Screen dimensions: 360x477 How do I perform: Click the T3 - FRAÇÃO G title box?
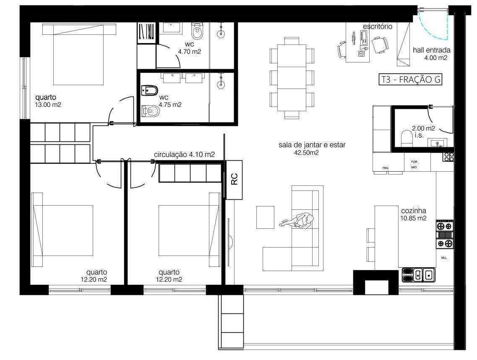click(x=411, y=80)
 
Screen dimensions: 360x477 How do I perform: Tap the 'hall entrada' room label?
click(x=431, y=50)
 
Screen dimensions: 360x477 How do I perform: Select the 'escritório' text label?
click(x=378, y=26)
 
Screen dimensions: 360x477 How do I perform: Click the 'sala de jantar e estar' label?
click(x=312, y=145)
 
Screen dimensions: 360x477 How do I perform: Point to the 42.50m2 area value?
click(x=307, y=153)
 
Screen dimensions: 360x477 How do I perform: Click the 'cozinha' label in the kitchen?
click(x=414, y=211)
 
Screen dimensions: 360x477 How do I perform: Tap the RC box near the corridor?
click(x=234, y=180)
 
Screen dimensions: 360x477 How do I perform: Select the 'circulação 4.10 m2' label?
click(x=184, y=154)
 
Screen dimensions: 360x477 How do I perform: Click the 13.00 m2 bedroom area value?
click(x=48, y=105)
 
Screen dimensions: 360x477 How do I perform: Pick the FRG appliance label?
click(x=386, y=168)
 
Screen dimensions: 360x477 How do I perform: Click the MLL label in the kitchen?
click(x=444, y=258)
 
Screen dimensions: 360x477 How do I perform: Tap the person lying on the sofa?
click(x=297, y=221)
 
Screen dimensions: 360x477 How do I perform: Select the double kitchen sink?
click(x=423, y=275)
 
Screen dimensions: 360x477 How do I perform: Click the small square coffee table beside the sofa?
click(x=265, y=217)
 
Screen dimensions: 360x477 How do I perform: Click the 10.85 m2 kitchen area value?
click(x=414, y=218)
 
